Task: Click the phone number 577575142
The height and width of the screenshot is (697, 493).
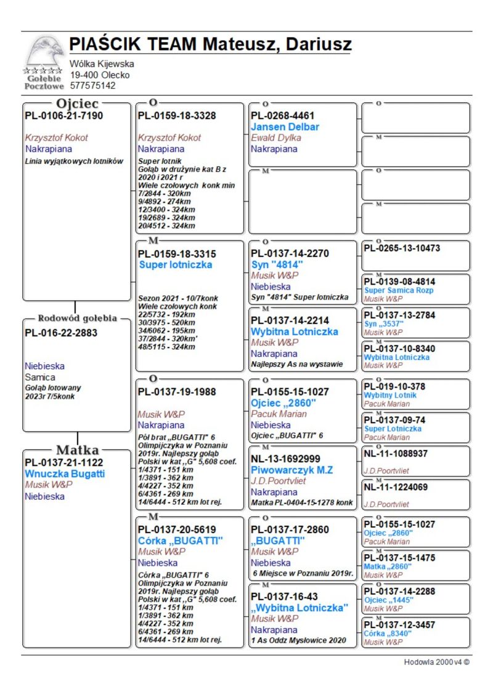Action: pos(92,86)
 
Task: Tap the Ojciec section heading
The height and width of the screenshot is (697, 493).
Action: pos(77,104)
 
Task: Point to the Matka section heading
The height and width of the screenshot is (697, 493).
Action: pos(78,450)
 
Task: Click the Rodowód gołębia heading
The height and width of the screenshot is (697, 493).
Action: pos(77,319)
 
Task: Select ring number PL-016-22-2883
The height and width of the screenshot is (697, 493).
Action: pos(61,333)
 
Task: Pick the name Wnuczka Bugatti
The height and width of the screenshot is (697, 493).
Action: pos(65,474)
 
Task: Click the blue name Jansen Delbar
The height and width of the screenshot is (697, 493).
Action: pos(285,127)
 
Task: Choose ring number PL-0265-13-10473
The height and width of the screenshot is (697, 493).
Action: pos(402,248)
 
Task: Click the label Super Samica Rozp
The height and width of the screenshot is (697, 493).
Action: pos(399,290)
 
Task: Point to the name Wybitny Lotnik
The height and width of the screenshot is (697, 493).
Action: pos(390,395)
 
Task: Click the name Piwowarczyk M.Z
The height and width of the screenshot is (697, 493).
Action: pos(292,470)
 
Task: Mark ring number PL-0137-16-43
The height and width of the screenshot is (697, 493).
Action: pos(285,597)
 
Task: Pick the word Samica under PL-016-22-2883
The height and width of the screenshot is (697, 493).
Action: pos(40,377)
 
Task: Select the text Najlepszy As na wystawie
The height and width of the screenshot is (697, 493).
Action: pos(296,364)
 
